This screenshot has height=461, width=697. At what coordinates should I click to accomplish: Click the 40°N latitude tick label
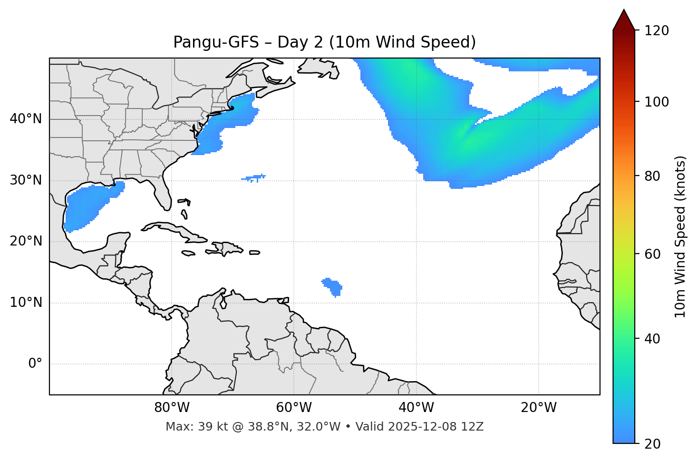[26, 119]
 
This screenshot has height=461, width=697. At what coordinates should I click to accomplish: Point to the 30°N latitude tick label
[26, 180]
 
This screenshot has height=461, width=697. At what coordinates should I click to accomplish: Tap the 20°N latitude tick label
[26, 241]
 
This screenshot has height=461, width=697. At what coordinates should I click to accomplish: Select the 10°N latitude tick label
[26, 303]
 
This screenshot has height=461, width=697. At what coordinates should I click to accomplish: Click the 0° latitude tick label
[35, 364]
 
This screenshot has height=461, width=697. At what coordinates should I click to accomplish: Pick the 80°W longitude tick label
[172, 408]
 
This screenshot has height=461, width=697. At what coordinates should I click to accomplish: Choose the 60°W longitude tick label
[294, 408]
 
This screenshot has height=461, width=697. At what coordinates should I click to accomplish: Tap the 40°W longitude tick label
[416, 408]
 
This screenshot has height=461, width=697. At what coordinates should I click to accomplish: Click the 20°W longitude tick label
[538, 408]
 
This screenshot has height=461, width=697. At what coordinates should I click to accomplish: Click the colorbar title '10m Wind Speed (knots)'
[680, 236]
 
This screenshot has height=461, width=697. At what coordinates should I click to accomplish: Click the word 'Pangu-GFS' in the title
[216, 42]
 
